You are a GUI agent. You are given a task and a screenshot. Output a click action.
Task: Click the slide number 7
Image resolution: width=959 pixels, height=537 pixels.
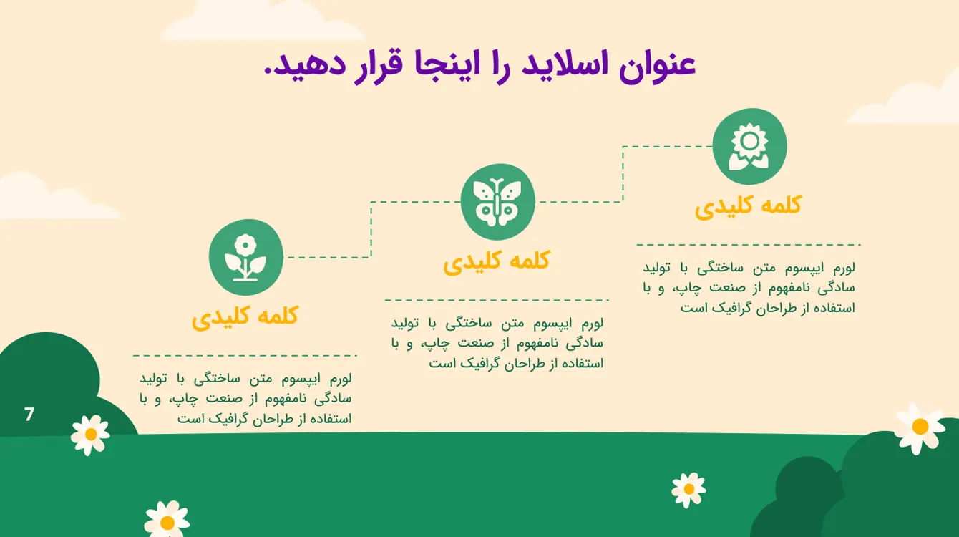(x=29, y=414)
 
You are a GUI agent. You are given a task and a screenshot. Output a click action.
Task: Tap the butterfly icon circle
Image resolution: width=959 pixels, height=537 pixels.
(x=497, y=202)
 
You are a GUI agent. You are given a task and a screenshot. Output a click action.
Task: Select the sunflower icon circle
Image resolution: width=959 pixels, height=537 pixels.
(x=749, y=147)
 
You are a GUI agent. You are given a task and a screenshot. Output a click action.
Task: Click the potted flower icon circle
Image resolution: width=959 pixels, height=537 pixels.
(x=245, y=257)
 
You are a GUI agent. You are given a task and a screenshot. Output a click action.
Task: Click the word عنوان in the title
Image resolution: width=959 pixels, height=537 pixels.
(x=657, y=67)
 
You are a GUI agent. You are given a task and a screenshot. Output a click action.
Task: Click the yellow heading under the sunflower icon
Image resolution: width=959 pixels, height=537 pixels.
(x=748, y=207)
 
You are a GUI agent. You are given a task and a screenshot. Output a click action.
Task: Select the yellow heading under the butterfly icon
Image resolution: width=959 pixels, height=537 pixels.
(x=496, y=262)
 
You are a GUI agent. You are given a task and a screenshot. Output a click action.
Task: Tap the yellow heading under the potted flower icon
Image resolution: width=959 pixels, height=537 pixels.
(x=245, y=317)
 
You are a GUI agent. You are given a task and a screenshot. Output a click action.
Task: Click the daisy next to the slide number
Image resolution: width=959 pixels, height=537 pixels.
(x=90, y=435)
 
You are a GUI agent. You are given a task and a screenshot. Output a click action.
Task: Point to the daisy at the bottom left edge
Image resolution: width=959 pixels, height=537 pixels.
(x=167, y=520)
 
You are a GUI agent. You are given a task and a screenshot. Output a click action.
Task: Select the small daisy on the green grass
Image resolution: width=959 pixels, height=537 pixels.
(x=689, y=490)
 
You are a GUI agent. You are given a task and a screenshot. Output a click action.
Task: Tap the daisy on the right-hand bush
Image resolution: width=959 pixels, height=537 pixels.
(x=920, y=427)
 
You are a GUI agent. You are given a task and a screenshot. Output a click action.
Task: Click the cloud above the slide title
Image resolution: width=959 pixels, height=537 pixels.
(x=262, y=21)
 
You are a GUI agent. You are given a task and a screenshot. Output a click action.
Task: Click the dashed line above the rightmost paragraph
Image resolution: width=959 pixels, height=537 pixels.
(x=749, y=245)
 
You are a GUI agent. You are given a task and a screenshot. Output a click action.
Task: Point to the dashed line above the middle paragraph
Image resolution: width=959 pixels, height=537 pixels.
(x=497, y=300)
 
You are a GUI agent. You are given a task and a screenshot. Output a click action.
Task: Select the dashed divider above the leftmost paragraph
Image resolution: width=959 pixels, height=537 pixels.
(x=245, y=355)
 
